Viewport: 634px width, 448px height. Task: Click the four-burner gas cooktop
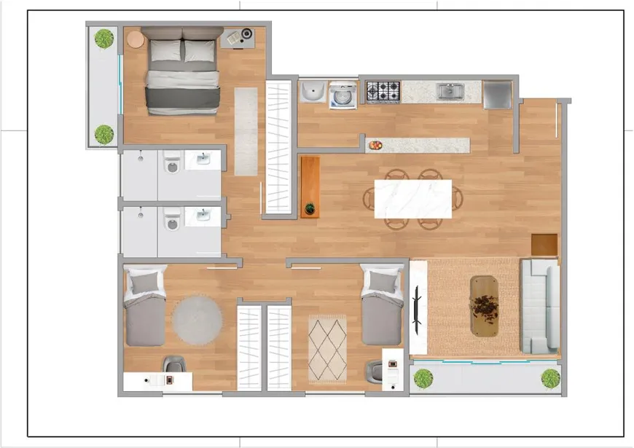(383, 92)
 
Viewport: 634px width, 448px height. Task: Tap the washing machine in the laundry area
(343, 95)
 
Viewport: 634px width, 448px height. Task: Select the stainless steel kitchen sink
(450, 91)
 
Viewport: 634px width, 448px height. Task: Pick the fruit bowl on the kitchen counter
(375, 145)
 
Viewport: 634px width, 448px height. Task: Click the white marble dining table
(412, 199)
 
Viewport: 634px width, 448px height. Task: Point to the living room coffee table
(485, 305)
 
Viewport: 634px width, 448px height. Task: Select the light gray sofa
(539, 306)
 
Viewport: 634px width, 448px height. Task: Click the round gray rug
(197, 318)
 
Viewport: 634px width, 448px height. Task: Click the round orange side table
(136, 39)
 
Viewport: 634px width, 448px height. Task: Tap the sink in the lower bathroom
(203, 215)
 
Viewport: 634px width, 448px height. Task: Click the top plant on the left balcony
(104, 39)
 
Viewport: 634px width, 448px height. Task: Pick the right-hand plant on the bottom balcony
(550, 379)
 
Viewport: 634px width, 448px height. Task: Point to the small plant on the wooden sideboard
(310, 209)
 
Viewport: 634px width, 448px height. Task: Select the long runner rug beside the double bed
(246, 131)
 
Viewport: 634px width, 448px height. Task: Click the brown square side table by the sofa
(544, 245)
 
